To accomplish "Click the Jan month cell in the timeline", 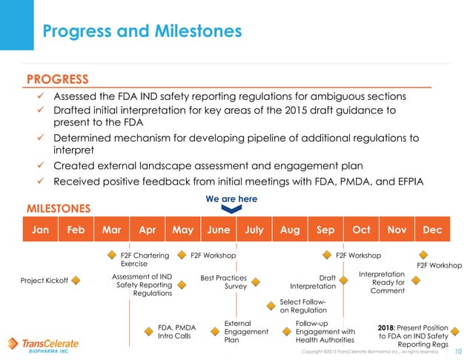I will point(40,230).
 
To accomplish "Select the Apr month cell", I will point(147,230).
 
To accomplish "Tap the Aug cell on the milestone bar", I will point(289,230).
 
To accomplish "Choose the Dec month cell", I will point(431,230).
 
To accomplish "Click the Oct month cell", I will point(360,230).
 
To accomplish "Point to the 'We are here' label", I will point(231,199).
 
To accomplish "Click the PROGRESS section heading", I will point(57,79).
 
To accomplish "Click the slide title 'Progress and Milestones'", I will point(141,31).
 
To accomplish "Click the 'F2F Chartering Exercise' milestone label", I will point(144,259).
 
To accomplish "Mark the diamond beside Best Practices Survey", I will point(255,281).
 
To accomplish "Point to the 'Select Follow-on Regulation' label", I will point(302,306).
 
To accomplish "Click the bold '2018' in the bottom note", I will point(391,326).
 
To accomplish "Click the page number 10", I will point(457,350).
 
